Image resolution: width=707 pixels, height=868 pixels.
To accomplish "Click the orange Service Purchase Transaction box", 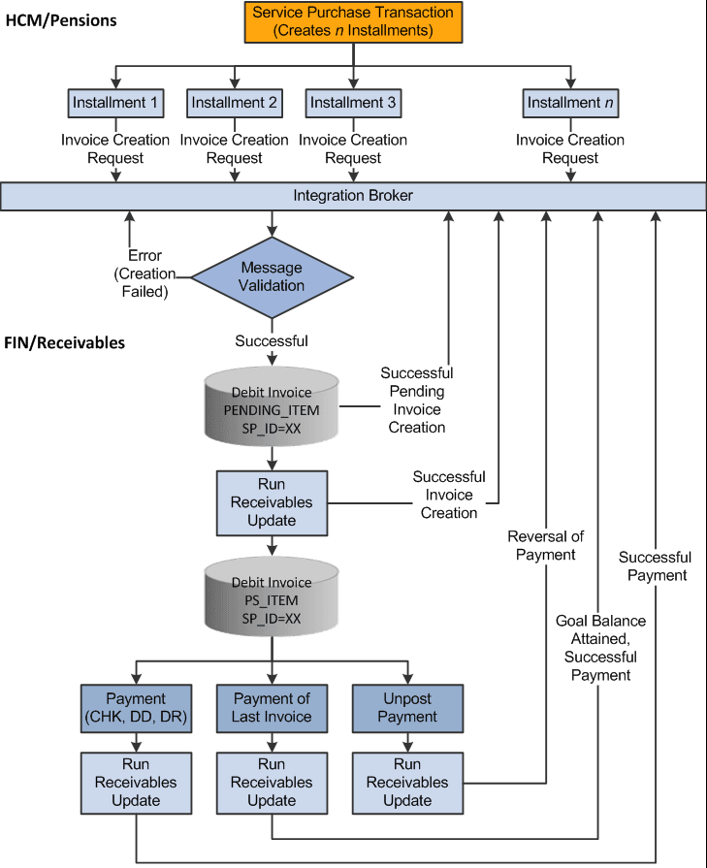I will [352, 21].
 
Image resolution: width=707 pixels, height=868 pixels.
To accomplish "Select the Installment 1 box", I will [115, 102].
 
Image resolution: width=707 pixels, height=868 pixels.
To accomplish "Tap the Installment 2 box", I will [234, 102].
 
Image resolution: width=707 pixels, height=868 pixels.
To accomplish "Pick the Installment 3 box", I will [352, 102].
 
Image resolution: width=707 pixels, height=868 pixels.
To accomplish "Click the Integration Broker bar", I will [353, 196].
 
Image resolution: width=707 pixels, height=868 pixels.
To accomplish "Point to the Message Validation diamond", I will [272, 276].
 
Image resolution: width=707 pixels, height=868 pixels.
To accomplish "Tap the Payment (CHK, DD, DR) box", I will [136, 707].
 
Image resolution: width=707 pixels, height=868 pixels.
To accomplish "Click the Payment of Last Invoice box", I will [272, 707].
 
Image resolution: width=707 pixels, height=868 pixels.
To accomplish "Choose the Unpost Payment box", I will [407, 707].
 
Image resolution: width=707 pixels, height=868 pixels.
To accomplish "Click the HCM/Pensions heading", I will [61, 18].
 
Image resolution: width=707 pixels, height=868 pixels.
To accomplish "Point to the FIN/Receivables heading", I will [65, 342].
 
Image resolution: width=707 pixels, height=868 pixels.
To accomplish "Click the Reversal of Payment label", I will [541, 545].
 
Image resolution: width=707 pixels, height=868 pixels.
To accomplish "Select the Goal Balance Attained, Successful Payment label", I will [599, 648].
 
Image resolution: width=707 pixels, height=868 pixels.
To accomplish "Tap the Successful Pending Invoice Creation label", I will [417, 400].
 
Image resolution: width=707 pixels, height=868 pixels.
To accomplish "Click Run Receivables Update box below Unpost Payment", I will [407, 782].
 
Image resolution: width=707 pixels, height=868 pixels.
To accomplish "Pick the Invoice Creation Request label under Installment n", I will [569, 148].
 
